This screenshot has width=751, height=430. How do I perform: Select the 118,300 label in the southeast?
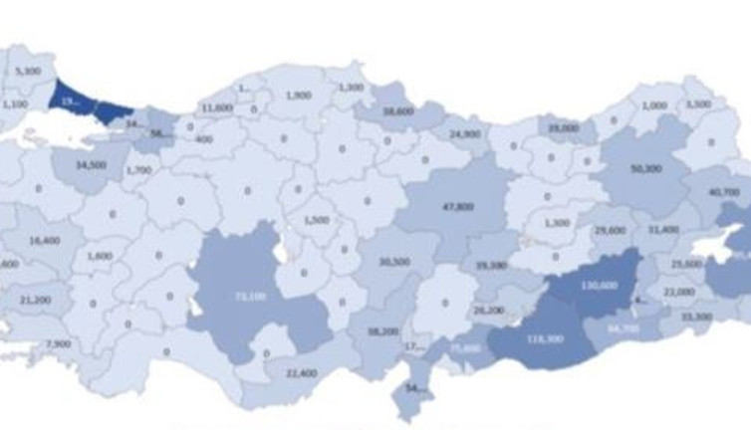(x=546, y=339)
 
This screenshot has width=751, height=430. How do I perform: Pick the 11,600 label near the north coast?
(x=216, y=107)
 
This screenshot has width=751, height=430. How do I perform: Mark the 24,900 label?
(x=464, y=133)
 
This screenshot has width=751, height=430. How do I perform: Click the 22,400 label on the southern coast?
(x=300, y=373)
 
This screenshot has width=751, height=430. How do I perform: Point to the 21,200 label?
(x=35, y=299)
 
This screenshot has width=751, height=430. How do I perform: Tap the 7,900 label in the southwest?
(x=59, y=344)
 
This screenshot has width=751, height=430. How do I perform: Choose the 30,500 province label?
(x=394, y=262)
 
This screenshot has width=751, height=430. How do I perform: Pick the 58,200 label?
(x=382, y=331)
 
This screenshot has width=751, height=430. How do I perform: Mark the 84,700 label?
(x=623, y=325)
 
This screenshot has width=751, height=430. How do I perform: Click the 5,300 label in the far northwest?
(x=29, y=71)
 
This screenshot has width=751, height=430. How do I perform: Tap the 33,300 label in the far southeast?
(x=696, y=317)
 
